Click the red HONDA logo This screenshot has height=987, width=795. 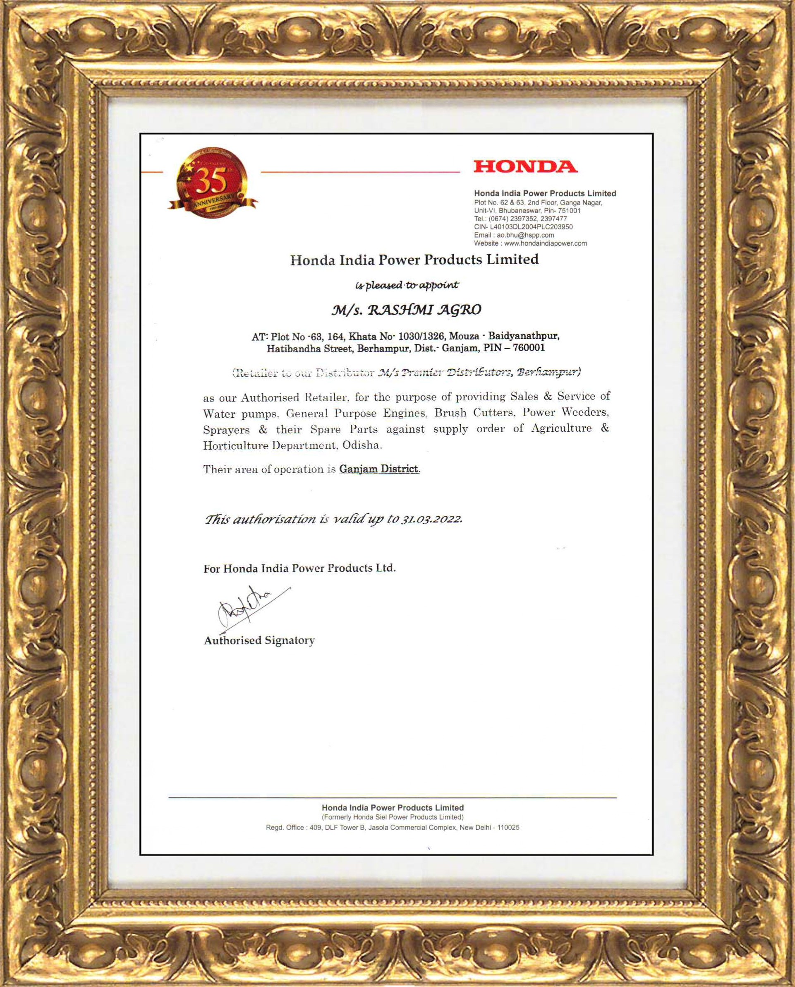(x=525, y=166)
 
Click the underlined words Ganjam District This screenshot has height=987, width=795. (x=379, y=469)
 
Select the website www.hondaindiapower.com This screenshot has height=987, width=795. (x=545, y=243)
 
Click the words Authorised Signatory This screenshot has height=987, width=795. (x=259, y=640)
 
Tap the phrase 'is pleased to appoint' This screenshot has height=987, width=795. (x=407, y=285)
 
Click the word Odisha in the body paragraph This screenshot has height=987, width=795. (x=362, y=445)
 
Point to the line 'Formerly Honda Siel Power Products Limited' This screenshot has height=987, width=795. (x=393, y=817)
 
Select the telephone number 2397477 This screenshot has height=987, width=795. (x=554, y=219)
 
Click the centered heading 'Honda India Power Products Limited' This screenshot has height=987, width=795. (x=414, y=260)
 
